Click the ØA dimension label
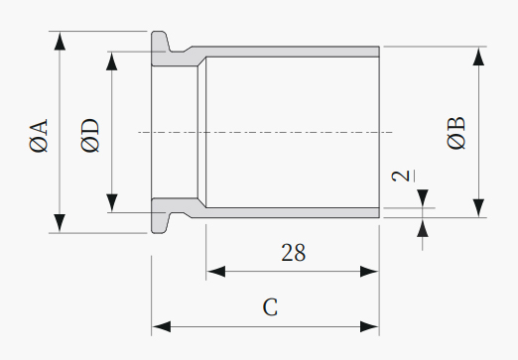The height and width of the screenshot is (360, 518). [39, 136]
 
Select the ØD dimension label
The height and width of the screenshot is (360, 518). [89, 136]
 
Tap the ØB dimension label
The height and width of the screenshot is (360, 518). [455, 133]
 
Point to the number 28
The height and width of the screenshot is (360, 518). [294, 253]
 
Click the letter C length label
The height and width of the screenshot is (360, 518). [270, 307]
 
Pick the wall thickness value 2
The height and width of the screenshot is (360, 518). [400, 176]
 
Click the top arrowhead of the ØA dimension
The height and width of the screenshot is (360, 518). [60, 41]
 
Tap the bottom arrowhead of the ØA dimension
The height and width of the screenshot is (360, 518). [60, 223]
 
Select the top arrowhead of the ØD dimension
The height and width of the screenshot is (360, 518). [112, 61]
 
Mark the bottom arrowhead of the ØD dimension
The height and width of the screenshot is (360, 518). [112, 203]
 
